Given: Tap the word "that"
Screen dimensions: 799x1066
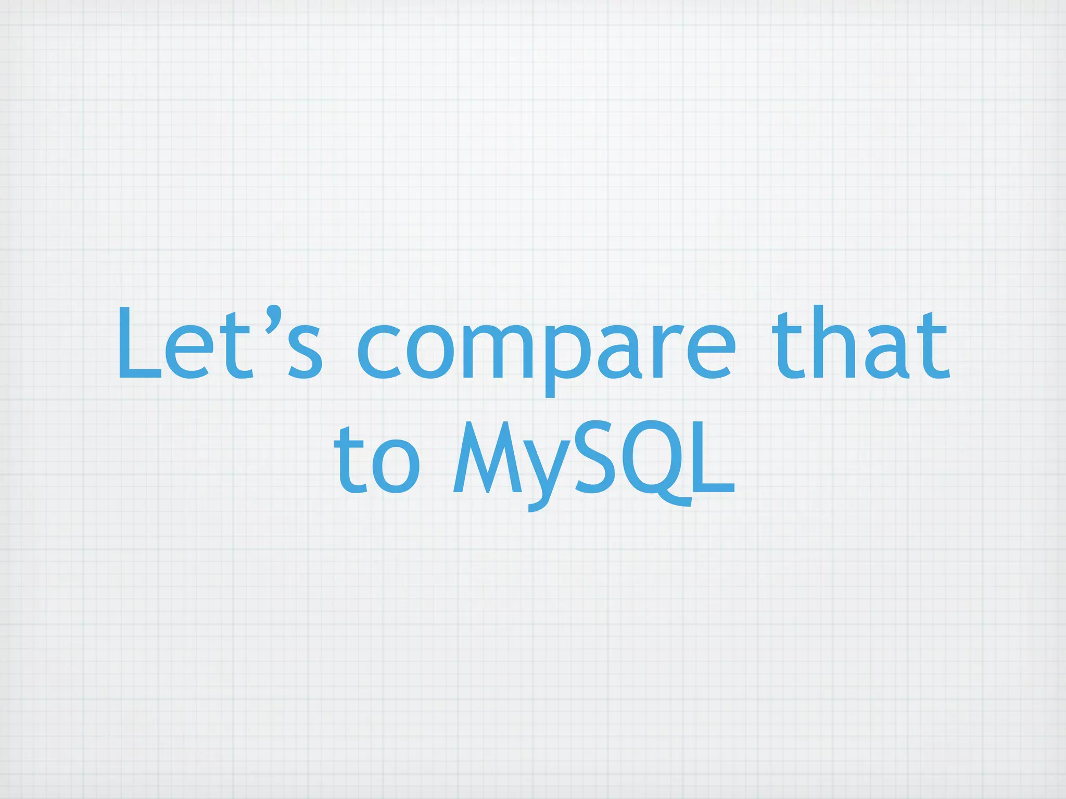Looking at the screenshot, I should pyautogui.click(x=861, y=343).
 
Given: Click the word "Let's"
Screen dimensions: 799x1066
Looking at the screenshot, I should pyautogui.click(x=219, y=343).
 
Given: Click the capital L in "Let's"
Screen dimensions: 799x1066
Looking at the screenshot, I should pyautogui.click(x=138, y=343).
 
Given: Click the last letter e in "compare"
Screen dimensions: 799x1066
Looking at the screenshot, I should pyautogui.click(x=710, y=351).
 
